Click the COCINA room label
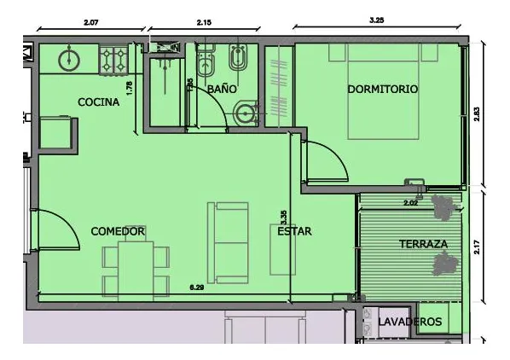tap(99, 102)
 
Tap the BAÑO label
tap(222, 89)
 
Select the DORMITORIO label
tap(382, 89)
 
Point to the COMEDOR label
tap(118, 231)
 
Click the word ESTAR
tap(294, 231)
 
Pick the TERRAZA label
tap(423, 244)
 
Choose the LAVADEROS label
tap(410, 322)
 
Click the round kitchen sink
tap(69, 60)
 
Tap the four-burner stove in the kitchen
tap(113, 61)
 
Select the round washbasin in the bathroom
tap(246, 113)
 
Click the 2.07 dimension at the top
tap(90, 22)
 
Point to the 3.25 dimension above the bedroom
tap(377, 20)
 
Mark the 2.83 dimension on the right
tap(477, 114)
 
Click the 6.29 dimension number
tap(197, 287)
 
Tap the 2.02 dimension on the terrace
tap(410, 203)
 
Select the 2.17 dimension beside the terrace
tap(477, 247)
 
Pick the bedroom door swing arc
tap(335, 153)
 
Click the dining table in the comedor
tap(136, 270)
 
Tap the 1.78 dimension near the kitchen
tap(130, 88)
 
